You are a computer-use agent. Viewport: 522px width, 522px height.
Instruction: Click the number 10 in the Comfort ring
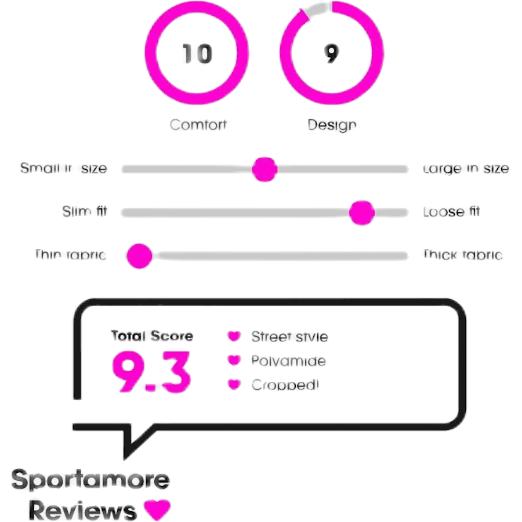tap(197, 54)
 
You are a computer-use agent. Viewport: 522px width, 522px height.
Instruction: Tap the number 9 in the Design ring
tap(331, 54)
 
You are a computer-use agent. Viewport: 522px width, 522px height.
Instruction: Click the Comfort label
tap(198, 124)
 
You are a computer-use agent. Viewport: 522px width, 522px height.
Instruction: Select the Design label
tap(332, 124)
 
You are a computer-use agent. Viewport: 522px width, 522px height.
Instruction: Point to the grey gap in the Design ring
tap(317, 9)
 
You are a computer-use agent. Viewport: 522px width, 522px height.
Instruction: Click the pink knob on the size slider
tap(265, 169)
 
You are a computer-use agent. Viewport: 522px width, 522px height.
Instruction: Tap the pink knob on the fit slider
tap(362, 212)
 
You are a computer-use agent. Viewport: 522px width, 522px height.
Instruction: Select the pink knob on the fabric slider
tap(139, 256)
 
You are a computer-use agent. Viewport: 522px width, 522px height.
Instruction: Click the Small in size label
tap(63, 168)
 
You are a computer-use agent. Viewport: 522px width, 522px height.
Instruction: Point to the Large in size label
tap(467, 169)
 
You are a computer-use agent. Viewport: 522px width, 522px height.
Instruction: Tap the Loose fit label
tap(452, 212)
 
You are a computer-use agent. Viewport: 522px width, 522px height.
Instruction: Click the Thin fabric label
tap(70, 255)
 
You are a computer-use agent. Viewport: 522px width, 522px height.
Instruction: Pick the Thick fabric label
tap(462, 255)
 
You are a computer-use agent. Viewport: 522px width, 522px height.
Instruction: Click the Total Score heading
tap(152, 336)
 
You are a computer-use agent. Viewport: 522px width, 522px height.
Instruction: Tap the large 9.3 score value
tap(151, 372)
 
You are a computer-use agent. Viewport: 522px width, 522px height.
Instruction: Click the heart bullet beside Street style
tap(234, 336)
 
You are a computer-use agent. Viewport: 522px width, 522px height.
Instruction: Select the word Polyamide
tap(288, 361)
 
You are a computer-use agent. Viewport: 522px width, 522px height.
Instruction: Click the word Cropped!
tap(285, 385)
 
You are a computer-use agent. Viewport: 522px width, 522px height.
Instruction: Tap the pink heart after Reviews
tap(157, 510)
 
